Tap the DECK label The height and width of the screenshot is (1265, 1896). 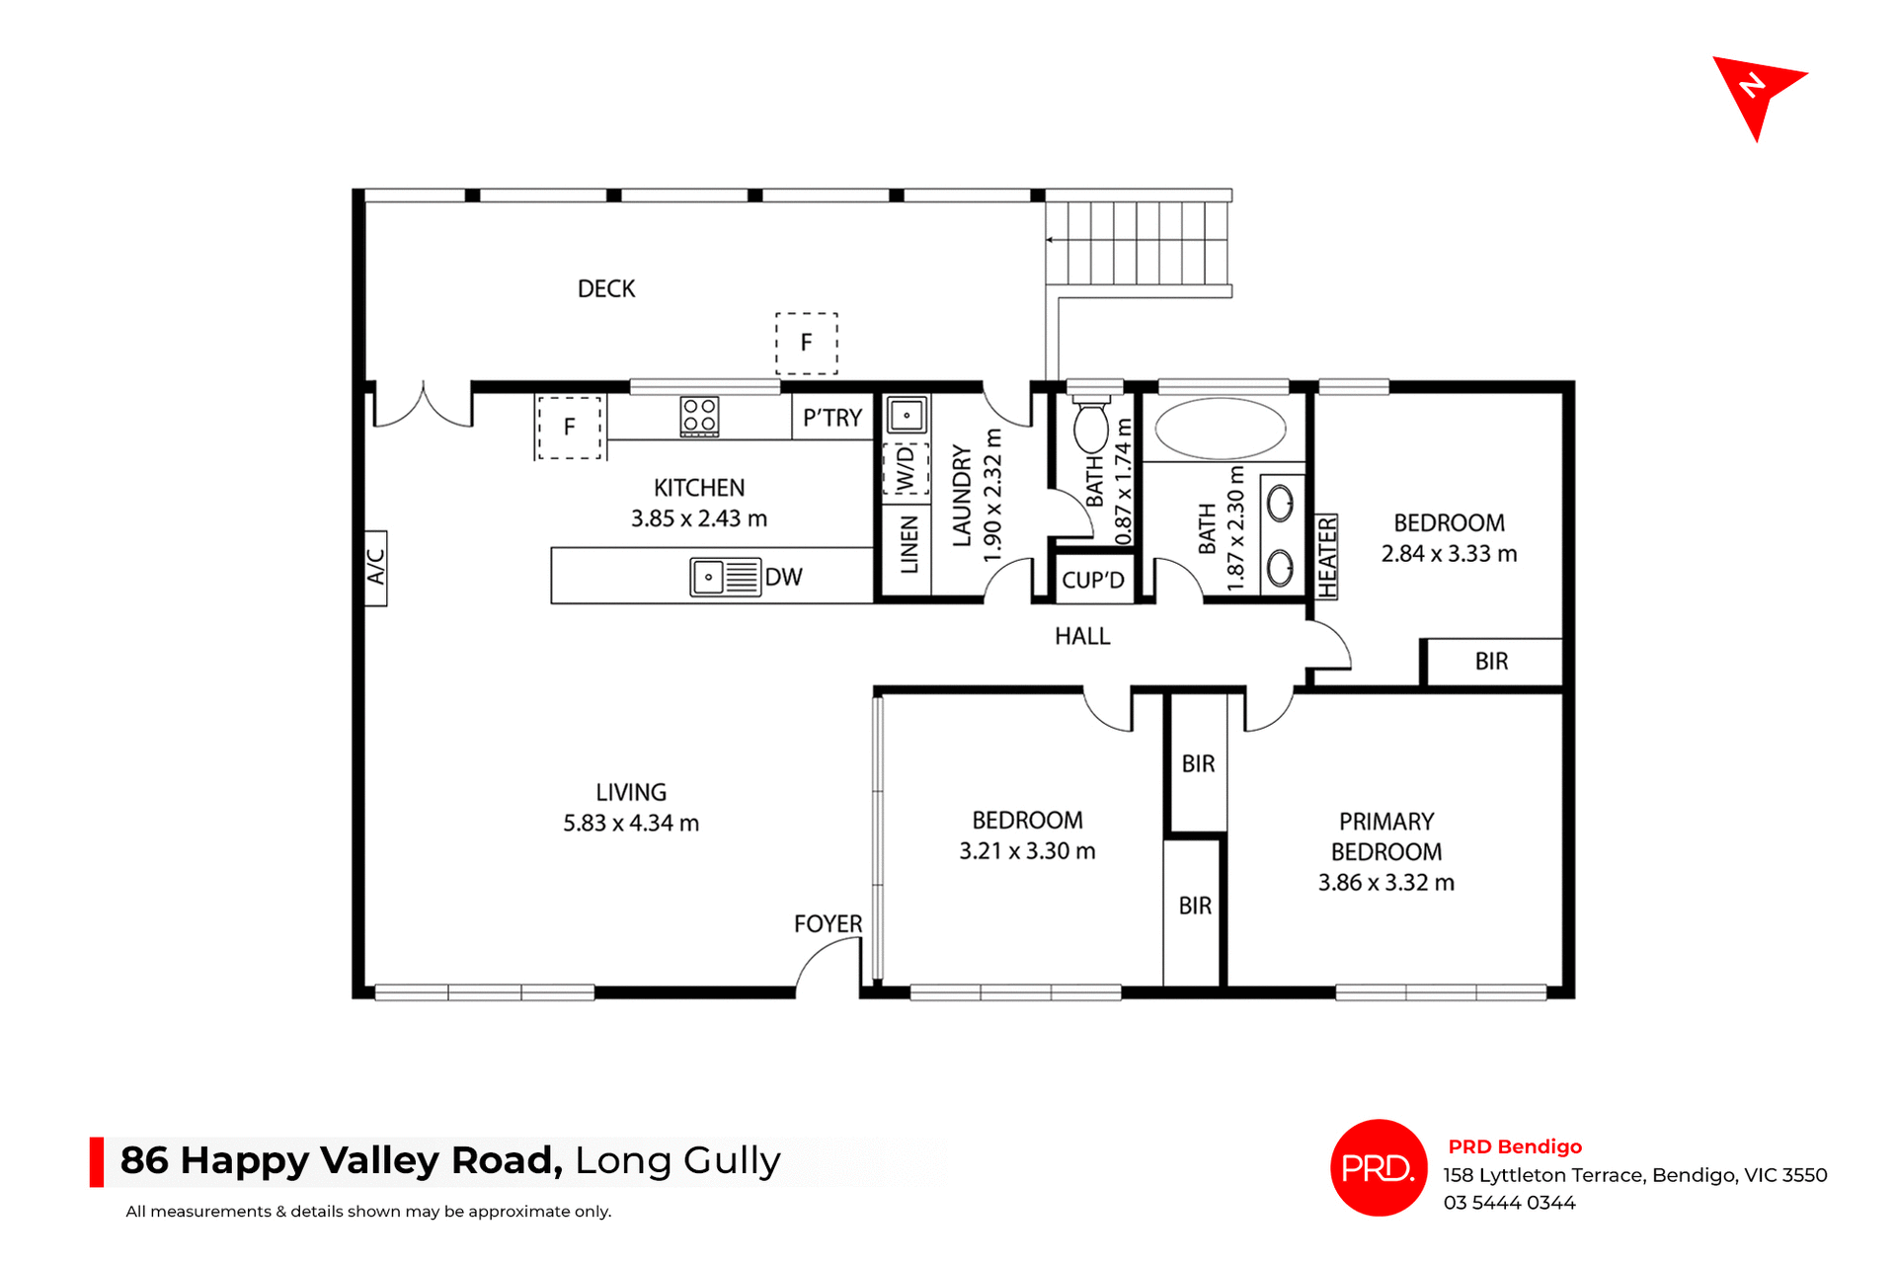point(606,288)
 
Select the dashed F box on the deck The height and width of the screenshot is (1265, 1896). point(806,343)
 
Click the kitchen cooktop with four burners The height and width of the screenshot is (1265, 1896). point(699,416)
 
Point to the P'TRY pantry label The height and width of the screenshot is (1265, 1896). point(831,418)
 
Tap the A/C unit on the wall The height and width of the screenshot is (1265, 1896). point(375,568)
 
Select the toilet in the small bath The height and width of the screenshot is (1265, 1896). point(1091,426)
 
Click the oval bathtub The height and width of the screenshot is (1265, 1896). point(1221,429)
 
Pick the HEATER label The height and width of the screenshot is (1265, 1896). point(1327,556)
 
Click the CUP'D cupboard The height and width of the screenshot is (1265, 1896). point(1092,580)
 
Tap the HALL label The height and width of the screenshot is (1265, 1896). point(1082,636)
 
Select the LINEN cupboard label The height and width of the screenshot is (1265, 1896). point(909,545)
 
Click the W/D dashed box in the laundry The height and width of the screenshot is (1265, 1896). point(906,469)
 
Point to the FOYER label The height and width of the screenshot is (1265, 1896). point(828,923)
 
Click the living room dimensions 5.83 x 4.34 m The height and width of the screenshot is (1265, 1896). point(631,823)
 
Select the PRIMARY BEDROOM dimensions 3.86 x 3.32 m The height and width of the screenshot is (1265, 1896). point(1385,882)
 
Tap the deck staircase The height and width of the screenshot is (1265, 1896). point(1137,242)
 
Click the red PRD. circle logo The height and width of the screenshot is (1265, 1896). point(1379,1167)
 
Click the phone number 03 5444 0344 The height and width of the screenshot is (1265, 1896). point(1509,1203)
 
